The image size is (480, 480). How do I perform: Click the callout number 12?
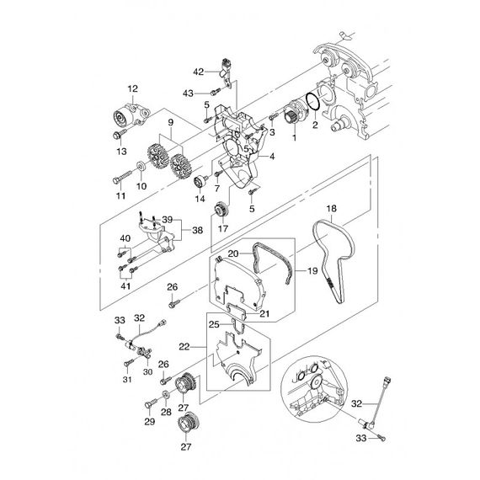(x=133, y=88)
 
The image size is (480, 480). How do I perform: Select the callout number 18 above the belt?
(x=331, y=209)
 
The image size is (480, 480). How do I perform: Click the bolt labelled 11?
(x=122, y=178)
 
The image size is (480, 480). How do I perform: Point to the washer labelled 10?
(x=141, y=167)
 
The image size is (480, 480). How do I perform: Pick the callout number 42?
(x=199, y=72)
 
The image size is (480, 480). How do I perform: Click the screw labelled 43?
(x=216, y=91)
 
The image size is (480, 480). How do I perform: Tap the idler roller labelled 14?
(x=200, y=183)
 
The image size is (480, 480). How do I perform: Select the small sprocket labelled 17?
(x=221, y=211)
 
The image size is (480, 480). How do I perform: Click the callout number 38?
(x=198, y=230)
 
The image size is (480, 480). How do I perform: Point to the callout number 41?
(x=125, y=286)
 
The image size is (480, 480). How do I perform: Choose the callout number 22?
(x=184, y=347)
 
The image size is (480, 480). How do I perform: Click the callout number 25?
(x=214, y=324)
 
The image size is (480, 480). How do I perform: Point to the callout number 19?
(x=312, y=270)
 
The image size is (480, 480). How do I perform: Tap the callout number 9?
(x=170, y=122)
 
